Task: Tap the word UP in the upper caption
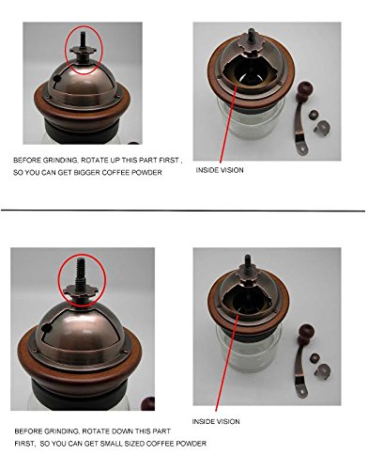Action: (x=115, y=160)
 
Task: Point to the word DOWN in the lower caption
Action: (x=132, y=431)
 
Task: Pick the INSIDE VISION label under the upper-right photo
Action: (x=220, y=170)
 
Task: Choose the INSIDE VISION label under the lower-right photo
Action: (x=216, y=421)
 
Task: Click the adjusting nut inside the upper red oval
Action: (x=83, y=52)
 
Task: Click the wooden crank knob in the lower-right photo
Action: (x=305, y=333)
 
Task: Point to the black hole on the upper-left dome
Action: (x=56, y=78)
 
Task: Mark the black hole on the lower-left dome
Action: (x=46, y=328)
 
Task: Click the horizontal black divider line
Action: (x=183, y=211)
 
